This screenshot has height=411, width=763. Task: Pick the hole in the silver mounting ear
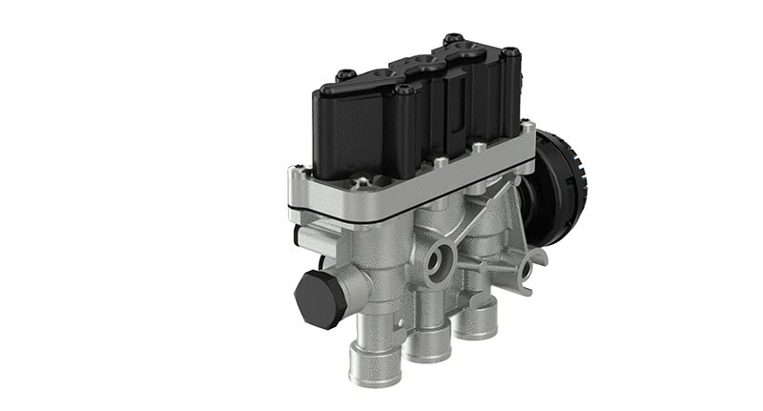tap(526, 271)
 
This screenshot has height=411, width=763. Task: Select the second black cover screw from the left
tap(404, 92)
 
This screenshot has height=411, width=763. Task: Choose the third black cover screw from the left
tap(453, 40)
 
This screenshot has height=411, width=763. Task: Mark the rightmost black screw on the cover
tap(511, 51)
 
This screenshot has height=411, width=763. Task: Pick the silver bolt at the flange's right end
tap(527, 124)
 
